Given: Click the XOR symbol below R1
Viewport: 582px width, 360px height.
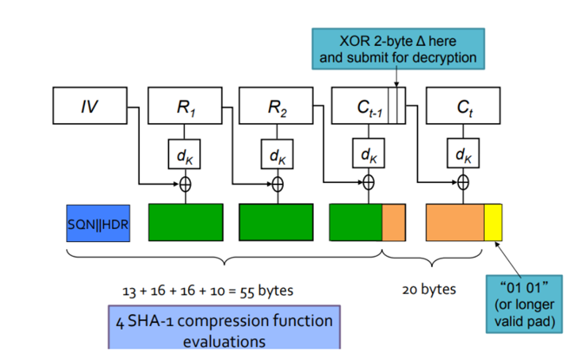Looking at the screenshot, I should point(184,183).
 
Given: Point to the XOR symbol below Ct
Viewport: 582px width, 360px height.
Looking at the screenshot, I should point(463,183).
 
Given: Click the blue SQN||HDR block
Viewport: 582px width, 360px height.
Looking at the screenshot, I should point(98,223).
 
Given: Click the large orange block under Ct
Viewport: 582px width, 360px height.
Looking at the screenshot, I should point(454,223).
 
